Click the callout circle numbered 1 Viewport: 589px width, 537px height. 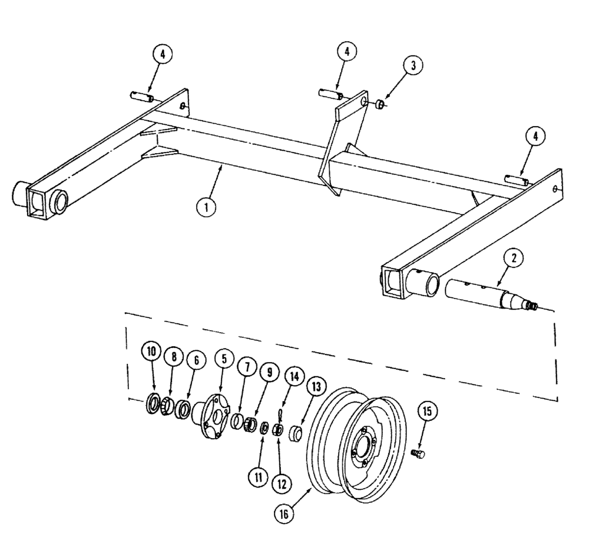pyautogui.click(x=206, y=206)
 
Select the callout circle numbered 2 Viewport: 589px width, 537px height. pyautogui.click(x=514, y=257)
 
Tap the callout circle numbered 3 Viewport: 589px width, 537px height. pyautogui.click(x=413, y=66)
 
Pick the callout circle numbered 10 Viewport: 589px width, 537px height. pyautogui.click(x=151, y=352)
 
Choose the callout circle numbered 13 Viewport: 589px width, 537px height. pyautogui.click(x=316, y=386)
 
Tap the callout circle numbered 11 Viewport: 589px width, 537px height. pyautogui.click(x=257, y=477)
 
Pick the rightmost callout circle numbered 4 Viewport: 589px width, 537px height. pyautogui.click(x=535, y=137)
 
